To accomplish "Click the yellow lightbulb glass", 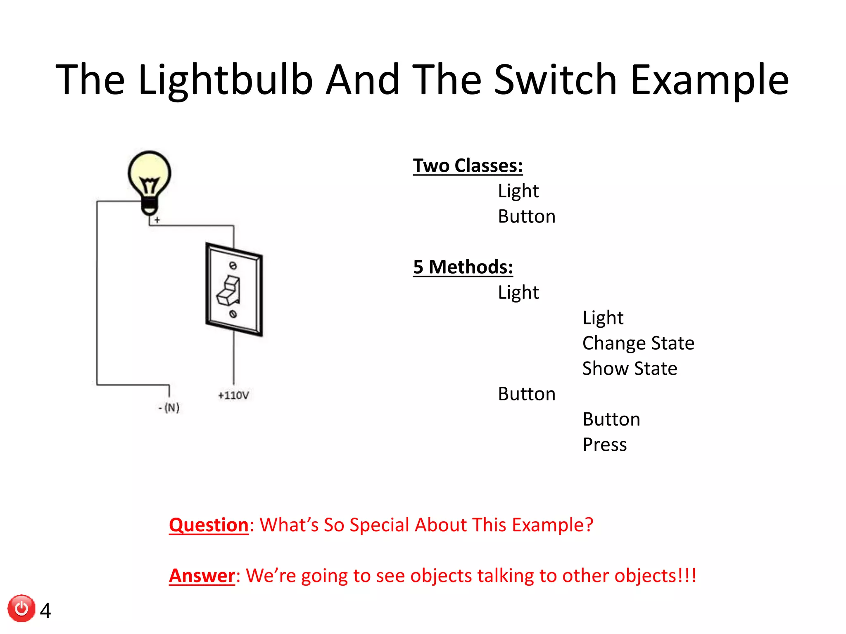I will pyautogui.click(x=149, y=171).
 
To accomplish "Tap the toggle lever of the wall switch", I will pyautogui.click(x=229, y=291).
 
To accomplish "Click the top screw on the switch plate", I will pyautogui.click(x=233, y=265).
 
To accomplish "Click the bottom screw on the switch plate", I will pyautogui.click(x=233, y=314).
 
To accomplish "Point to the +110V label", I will pyautogui.click(x=233, y=395).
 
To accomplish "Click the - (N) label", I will pyautogui.click(x=169, y=408).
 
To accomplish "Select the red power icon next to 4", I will pyautogui.click(x=21, y=608).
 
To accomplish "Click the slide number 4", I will pyautogui.click(x=45, y=610).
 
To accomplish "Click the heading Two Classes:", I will pyautogui.click(x=468, y=166).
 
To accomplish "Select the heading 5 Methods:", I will pyautogui.click(x=463, y=267).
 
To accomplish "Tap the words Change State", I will pyautogui.click(x=638, y=343).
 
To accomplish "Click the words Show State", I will pyautogui.click(x=629, y=369).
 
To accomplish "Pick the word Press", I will pyautogui.click(x=604, y=445).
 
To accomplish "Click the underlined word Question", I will pyautogui.click(x=209, y=525).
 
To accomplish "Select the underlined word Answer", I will pyautogui.click(x=202, y=576).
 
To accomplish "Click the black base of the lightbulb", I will pyautogui.click(x=149, y=206).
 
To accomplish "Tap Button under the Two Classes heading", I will pyautogui.click(x=526, y=217).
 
